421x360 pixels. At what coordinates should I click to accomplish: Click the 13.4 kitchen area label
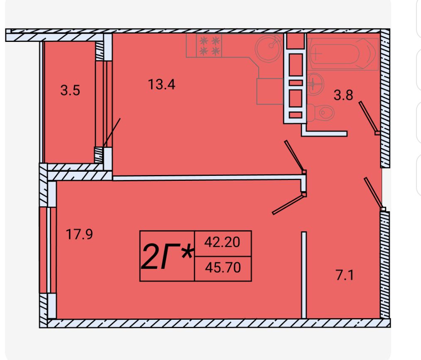point(162,84)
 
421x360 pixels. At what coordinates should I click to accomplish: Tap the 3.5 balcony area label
point(70,90)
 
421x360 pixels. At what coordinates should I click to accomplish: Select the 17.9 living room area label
point(79,234)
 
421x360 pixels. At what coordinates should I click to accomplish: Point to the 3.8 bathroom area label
point(343,95)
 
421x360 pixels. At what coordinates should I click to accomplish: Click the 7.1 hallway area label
point(345,275)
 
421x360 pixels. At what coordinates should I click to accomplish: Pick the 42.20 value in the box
point(222,242)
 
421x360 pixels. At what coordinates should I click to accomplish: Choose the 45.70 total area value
point(223,268)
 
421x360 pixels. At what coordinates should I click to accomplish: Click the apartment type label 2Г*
point(167,257)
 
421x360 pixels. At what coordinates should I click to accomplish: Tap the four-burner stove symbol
point(209,46)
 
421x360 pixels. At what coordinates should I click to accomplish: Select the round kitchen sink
point(269,48)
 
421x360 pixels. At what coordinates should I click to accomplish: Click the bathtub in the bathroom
point(343,54)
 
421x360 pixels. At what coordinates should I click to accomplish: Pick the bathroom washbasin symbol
point(315,84)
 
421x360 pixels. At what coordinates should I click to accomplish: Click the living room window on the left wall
point(48,250)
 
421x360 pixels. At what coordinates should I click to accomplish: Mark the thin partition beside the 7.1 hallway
point(304,275)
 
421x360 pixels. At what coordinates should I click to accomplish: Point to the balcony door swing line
point(111,133)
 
